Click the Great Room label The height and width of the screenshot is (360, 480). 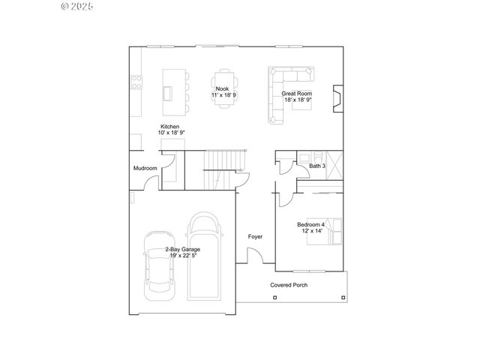(x=296, y=94)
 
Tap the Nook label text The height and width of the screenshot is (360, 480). (x=223, y=89)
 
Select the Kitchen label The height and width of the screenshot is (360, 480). (x=169, y=127)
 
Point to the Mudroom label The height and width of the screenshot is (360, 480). (x=145, y=168)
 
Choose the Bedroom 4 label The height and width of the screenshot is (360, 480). (x=310, y=224)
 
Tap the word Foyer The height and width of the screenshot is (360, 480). (x=255, y=237)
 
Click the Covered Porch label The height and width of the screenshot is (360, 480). (x=289, y=285)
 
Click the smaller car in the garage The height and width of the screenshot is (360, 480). (x=157, y=260)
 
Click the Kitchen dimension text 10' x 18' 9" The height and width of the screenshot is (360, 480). (x=171, y=133)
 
